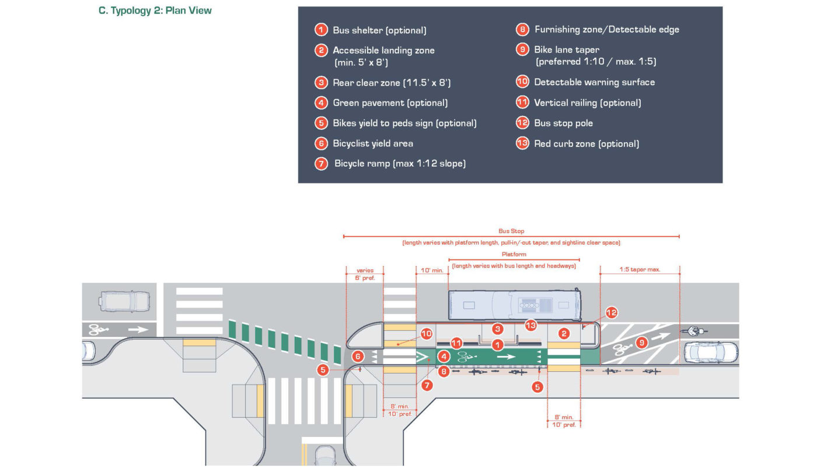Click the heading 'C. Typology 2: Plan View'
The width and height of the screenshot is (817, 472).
pyautogui.click(x=155, y=10)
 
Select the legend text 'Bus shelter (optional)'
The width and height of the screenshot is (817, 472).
pyautogui.click(x=379, y=30)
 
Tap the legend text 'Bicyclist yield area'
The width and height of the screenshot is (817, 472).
pyautogui.click(x=372, y=143)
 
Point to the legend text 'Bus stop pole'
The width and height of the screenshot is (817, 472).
pyautogui.click(x=563, y=123)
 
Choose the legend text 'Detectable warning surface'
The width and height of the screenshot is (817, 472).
pyautogui.click(x=594, y=82)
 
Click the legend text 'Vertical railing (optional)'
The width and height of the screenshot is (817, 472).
pyautogui.click(x=587, y=103)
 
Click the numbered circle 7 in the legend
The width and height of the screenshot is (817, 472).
pyautogui.click(x=321, y=164)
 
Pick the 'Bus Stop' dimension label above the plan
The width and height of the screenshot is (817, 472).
pyautogui.click(x=511, y=231)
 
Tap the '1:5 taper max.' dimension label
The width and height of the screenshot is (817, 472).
pyautogui.click(x=640, y=270)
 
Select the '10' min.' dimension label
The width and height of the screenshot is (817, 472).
pyautogui.click(x=432, y=270)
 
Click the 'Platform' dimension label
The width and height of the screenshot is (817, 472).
pyautogui.click(x=514, y=254)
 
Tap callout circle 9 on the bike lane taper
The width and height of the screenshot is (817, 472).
pyautogui.click(x=641, y=343)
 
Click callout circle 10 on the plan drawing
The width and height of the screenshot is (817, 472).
pyautogui.click(x=427, y=334)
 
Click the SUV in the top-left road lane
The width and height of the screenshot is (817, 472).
pyautogui.click(x=120, y=300)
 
